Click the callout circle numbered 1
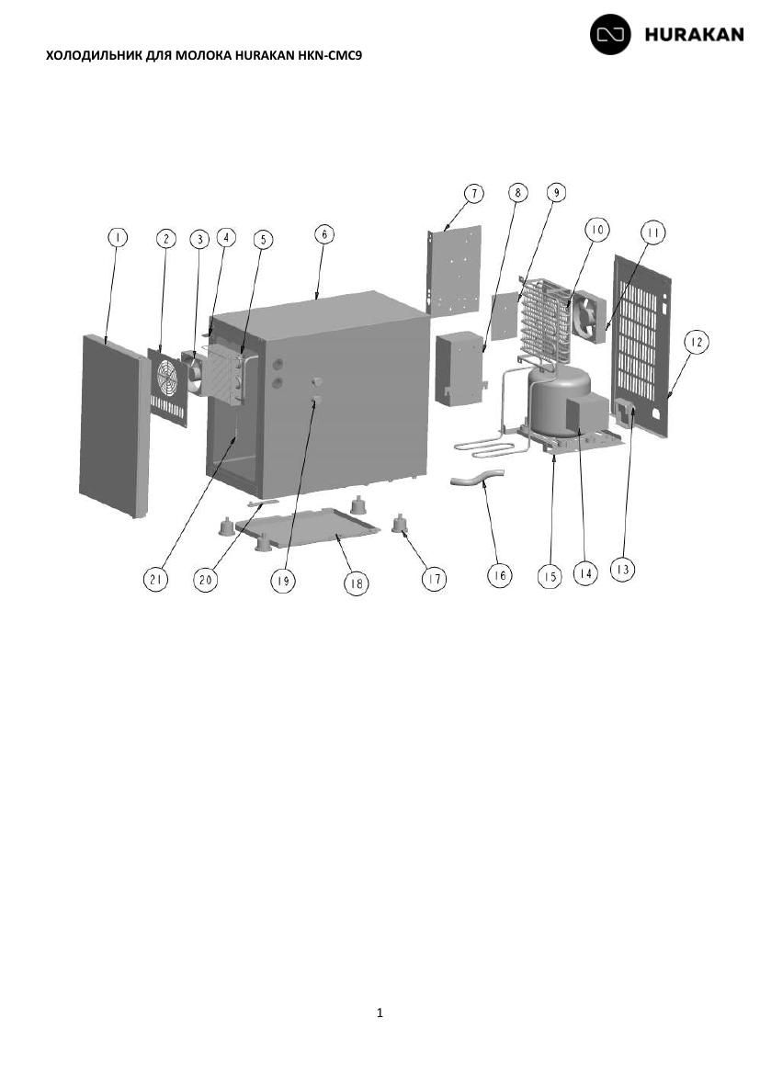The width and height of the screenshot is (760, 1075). point(118,237)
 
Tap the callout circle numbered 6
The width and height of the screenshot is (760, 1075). point(323,233)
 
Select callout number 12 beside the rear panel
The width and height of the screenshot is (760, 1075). point(697,342)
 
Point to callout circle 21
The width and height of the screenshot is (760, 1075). point(155,580)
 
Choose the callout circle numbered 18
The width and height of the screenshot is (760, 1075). point(356,583)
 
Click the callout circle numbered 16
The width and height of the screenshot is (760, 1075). point(499,575)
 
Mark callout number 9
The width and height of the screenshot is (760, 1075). point(556,193)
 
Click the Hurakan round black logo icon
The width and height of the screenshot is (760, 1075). point(610,34)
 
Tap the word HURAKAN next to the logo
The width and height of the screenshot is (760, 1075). point(694,34)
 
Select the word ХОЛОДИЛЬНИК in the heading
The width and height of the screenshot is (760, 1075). point(95,55)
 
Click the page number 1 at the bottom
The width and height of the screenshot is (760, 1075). point(380,1013)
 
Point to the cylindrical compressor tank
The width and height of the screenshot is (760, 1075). point(559,402)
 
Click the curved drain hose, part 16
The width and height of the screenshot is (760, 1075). point(477,477)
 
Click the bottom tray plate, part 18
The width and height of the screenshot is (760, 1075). point(307,528)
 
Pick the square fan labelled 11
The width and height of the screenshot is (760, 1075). point(588,315)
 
